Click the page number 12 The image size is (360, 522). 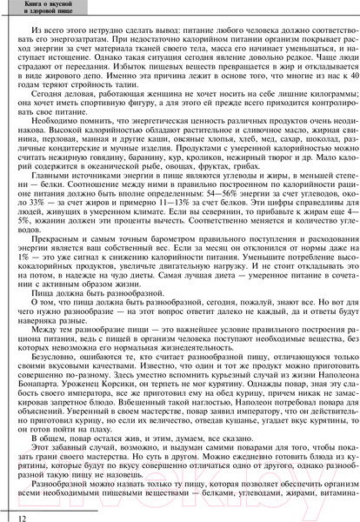click(x=9, y=513)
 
